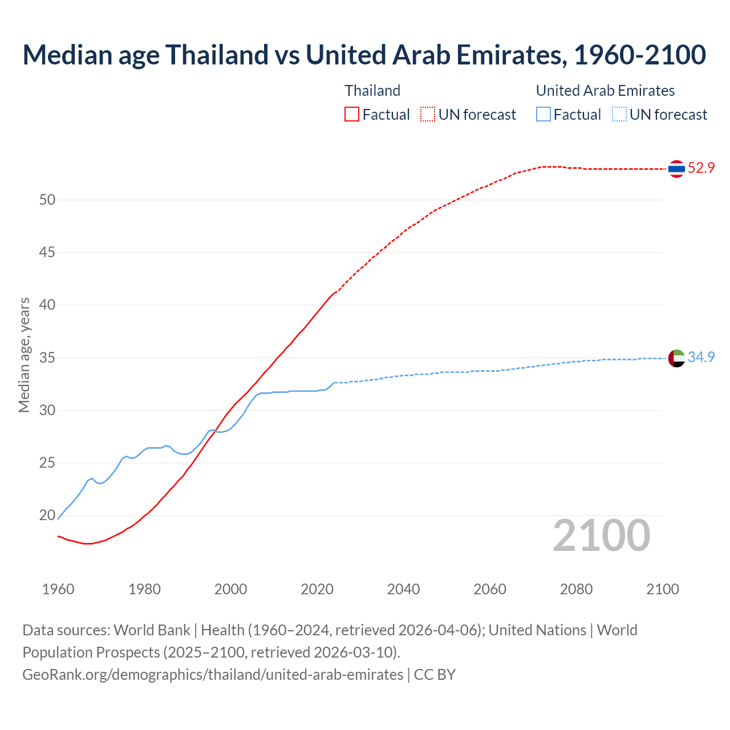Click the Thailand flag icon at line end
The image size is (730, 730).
[x=676, y=168]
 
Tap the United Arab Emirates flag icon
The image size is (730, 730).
[x=676, y=358]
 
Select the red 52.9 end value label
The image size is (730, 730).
[x=701, y=168]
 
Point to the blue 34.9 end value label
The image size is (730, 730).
[x=701, y=357]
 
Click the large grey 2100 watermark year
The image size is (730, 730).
[x=601, y=535]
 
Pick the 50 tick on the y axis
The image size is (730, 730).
[x=47, y=200]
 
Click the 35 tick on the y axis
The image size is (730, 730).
[x=47, y=358]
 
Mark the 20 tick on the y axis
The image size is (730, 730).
[x=47, y=515]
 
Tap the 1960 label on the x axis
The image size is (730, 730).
[x=58, y=589]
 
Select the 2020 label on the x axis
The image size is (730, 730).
[x=317, y=589]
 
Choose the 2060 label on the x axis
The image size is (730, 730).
[x=490, y=589]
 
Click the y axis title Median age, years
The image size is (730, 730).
[x=24, y=355]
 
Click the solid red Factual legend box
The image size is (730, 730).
[x=352, y=114]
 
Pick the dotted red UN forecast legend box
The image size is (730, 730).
[x=428, y=114]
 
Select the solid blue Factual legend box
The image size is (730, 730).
[x=544, y=114]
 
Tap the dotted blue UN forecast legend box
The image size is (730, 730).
[x=619, y=114]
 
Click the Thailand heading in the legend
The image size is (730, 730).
[x=372, y=91]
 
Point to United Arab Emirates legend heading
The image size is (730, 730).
[x=605, y=91]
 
